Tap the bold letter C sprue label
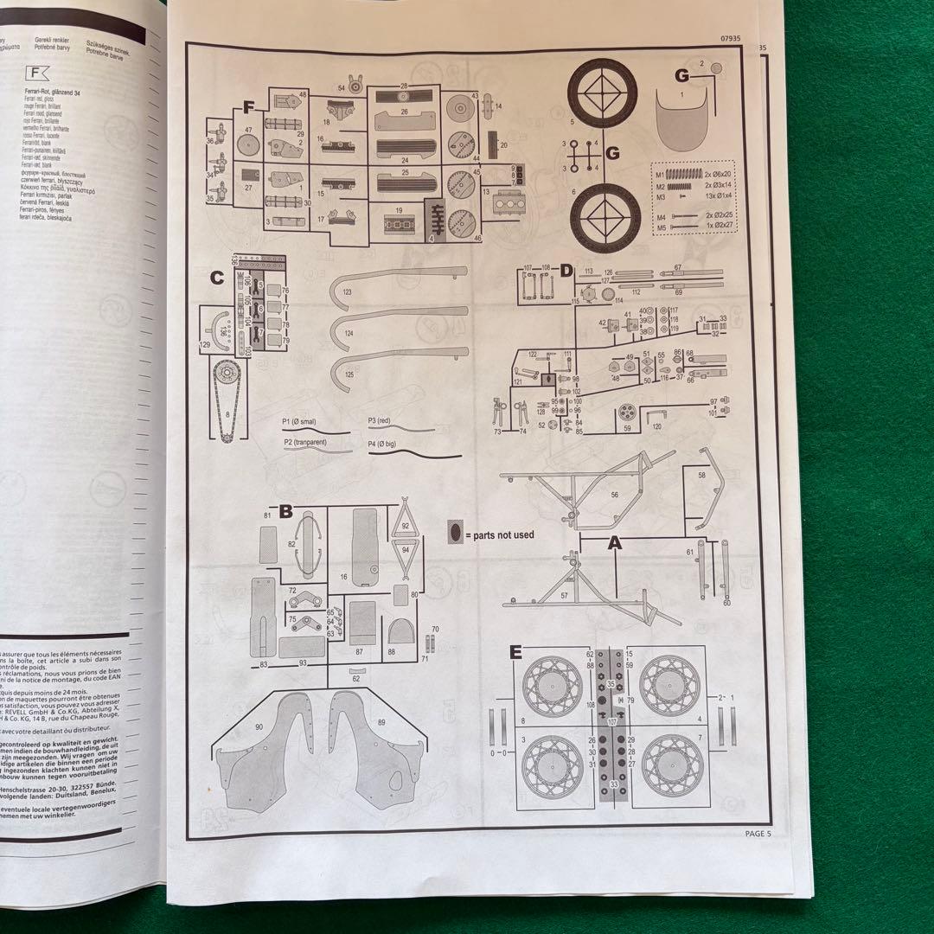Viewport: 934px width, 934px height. pos(216,278)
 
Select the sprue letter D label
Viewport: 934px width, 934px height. pos(566,272)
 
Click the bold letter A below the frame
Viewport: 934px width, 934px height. pos(615,544)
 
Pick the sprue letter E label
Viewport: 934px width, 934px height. pos(515,652)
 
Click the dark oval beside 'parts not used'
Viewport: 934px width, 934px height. pos(456,532)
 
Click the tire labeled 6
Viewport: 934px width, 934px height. pos(603,213)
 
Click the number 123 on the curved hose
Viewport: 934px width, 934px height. pos(348,293)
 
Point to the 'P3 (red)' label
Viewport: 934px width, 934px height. pos(380,419)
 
